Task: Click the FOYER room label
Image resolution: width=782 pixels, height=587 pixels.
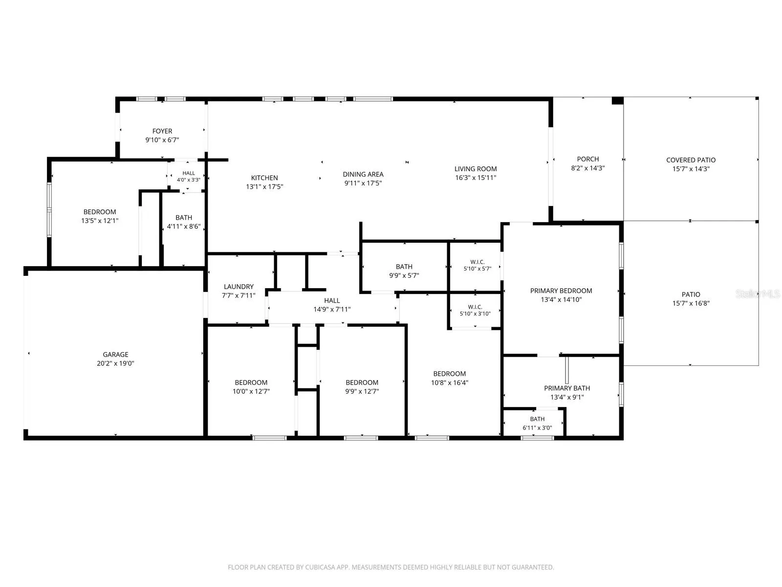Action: click(162, 131)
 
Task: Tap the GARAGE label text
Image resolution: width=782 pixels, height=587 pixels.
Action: click(115, 355)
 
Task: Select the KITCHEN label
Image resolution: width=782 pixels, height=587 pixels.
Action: click(264, 178)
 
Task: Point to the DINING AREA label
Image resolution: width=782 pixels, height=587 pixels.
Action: click(363, 174)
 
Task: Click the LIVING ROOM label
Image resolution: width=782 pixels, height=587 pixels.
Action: click(476, 169)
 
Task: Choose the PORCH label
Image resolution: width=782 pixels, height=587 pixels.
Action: click(588, 159)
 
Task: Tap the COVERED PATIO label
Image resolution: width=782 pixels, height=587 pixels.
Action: click(691, 160)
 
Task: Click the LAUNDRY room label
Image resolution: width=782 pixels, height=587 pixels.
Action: click(239, 287)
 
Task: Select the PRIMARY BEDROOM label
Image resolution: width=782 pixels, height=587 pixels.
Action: click(561, 291)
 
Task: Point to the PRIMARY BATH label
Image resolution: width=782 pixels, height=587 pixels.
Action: click(567, 388)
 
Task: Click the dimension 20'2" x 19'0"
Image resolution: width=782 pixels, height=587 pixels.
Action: click(115, 363)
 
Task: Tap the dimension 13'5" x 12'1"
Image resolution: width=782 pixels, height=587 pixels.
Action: click(100, 221)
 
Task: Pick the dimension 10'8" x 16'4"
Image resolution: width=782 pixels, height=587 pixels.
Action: click(450, 383)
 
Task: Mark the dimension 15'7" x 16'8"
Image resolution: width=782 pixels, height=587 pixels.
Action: click(691, 303)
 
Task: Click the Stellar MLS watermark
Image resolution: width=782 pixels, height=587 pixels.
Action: click(758, 293)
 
